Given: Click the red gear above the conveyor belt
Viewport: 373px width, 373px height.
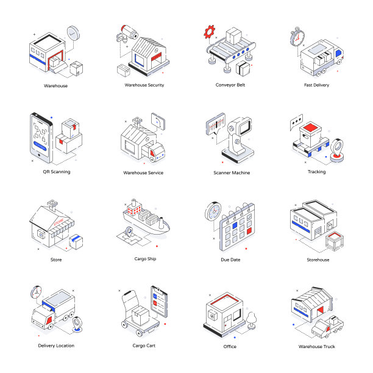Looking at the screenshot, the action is (209, 32).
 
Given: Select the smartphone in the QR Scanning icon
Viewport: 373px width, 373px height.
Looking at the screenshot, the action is (41, 138).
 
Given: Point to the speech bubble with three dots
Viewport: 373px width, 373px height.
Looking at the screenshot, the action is (296, 121).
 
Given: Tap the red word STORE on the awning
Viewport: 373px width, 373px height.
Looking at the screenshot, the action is (59, 222).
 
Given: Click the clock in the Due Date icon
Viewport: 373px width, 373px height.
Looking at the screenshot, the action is (213, 211).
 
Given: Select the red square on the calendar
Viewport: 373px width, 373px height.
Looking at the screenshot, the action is (249, 231).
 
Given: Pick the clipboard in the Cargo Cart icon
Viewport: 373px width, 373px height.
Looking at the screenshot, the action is (159, 302).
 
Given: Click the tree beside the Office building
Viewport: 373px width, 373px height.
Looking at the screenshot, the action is (251, 321).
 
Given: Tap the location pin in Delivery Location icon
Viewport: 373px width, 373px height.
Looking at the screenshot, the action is (77, 324).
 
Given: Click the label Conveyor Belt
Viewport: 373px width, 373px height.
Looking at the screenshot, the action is (230, 85).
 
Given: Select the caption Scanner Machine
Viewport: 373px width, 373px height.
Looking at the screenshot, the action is (232, 172).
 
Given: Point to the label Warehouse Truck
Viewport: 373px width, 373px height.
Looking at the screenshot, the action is (316, 346).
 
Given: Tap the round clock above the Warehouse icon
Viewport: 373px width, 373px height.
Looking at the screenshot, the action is (73, 33).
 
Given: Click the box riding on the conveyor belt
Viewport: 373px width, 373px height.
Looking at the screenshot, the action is (233, 36).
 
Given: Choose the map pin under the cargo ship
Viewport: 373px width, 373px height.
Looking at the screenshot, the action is (129, 232).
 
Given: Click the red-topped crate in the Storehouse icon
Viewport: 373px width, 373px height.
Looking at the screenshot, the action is (335, 241).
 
